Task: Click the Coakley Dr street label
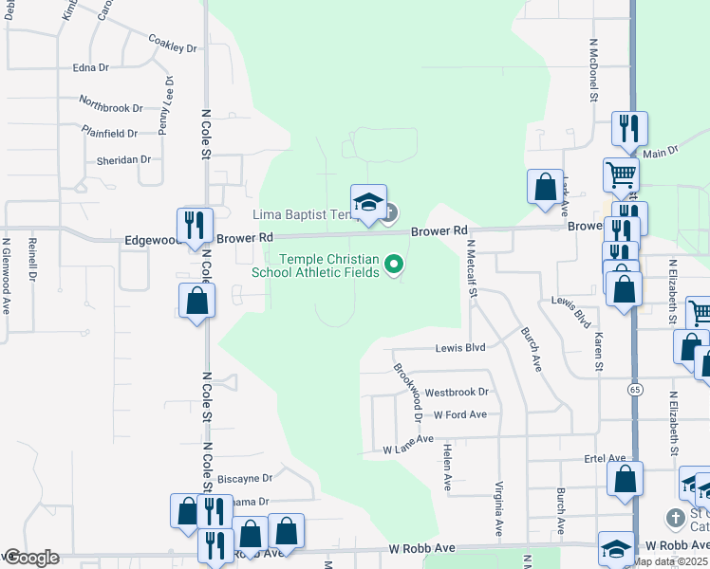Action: (172, 44)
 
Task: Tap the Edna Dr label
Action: (91, 68)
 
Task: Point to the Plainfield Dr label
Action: (109, 132)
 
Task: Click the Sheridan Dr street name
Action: (123, 160)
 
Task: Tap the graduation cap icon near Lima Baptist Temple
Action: (368, 201)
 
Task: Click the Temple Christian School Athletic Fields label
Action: (315, 266)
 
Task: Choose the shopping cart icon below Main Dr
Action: (621, 174)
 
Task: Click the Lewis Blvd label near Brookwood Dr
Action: (460, 348)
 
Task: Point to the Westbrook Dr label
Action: (456, 392)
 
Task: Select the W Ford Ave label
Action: (459, 414)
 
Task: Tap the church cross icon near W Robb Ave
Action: (674, 518)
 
